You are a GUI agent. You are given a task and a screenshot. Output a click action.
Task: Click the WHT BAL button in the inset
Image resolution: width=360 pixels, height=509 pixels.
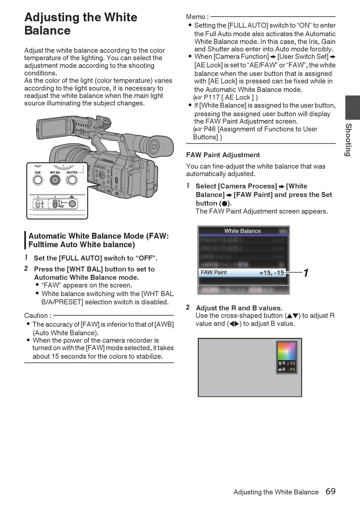[x=55, y=180]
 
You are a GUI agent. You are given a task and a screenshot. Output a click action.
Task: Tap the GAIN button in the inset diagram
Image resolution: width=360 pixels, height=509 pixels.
[x=38, y=180]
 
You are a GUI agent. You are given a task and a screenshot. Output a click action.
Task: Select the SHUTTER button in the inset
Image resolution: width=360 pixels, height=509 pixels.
[x=72, y=180]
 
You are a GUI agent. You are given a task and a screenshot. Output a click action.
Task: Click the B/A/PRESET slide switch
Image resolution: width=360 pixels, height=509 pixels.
[x=55, y=204]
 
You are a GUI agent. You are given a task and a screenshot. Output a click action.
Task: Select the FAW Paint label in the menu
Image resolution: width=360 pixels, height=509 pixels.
[x=214, y=272]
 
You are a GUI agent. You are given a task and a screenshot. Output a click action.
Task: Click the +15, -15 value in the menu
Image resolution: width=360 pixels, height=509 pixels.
[x=271, y=273]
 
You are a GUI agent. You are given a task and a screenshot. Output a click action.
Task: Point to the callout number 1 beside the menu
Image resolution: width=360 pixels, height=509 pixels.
[x=306, y=273]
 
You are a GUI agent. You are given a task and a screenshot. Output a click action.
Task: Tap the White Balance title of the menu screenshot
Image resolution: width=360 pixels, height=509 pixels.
[x=243, y=231]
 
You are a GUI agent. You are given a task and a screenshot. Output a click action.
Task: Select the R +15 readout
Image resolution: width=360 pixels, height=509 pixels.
[x=287, y=363]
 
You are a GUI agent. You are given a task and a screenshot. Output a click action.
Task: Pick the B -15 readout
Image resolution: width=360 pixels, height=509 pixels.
[x=287, y=370]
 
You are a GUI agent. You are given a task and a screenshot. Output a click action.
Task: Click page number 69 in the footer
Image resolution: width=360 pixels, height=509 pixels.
[x=330, y=492]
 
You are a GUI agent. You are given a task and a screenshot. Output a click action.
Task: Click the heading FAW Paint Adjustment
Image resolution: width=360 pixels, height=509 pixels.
[x=223, y=155]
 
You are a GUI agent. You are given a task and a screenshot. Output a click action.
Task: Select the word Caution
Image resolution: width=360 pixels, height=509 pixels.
[x=36, y=316]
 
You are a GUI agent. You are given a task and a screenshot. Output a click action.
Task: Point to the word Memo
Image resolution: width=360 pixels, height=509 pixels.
[x=196, y=17]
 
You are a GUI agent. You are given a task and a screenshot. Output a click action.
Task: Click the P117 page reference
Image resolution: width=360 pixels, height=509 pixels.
[x=211, y=97]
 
